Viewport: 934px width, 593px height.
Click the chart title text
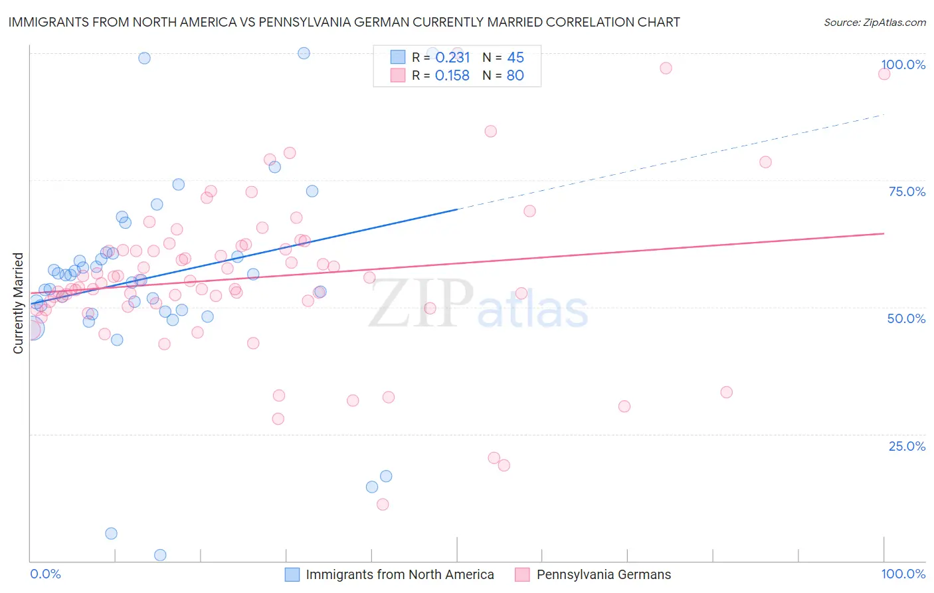tap(344, 22)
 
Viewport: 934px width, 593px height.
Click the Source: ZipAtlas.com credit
tap(874, 22)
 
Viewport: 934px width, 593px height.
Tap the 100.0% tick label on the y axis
tap(903, 64)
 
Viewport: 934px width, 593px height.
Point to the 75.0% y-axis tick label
tap(907, 191)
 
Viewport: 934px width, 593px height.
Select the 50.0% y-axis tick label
tap(906, 318)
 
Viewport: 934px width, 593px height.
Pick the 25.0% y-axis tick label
tap(907, 445)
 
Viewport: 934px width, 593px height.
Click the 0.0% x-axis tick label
tap(45, 574)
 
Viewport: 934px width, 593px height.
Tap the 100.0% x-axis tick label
tap(903, 574)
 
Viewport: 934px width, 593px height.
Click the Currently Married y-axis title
tap(18, 303)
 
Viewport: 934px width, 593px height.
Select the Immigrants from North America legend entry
tap(399, 574)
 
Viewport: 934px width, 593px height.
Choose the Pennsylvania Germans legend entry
tap(603, 574)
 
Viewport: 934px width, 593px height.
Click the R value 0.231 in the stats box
tap(452, 58)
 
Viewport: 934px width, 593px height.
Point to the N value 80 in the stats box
tap(515, 76)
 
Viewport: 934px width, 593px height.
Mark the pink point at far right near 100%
tap(884, 74)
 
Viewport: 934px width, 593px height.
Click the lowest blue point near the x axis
tap(160, 555)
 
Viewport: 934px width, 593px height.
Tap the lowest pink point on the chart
tap(383, 505)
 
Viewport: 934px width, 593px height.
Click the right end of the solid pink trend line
tap(884, 233)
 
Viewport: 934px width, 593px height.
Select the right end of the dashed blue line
tap(884, 115)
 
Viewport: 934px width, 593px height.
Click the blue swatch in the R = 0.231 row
tap(397, 57)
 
